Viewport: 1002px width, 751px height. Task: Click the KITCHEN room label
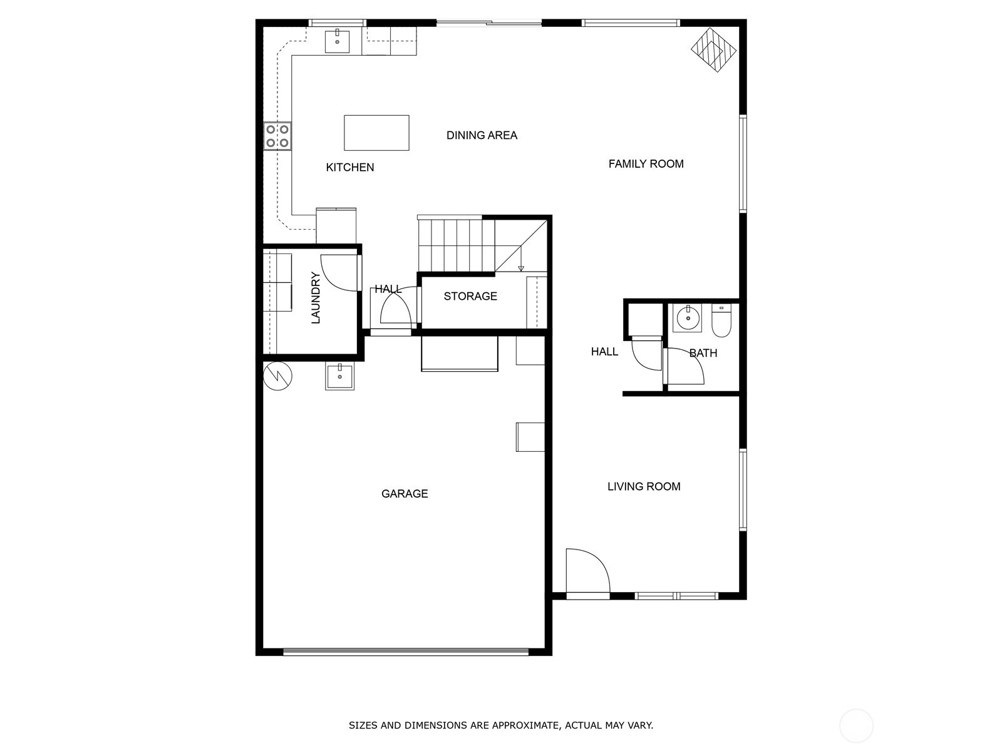tap(350, 167)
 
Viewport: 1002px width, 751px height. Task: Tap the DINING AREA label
tap(482, 135)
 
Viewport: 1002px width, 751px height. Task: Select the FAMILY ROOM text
tap(646, 164)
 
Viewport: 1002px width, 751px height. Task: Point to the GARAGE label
tap(405, 494)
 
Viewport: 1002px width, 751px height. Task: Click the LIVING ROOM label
tap(644, 486)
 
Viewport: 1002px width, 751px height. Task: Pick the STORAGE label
tap(470, 296)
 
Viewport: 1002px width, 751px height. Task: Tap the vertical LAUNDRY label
tap(316, 297)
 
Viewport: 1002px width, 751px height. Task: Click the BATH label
tap(703, 353)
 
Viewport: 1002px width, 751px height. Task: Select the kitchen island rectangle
tap(376, 133)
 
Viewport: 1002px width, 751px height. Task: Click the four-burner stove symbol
tap(277, 136)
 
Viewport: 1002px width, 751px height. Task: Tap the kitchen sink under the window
tap(338, 40)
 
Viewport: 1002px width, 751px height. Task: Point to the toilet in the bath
tap(721, 320)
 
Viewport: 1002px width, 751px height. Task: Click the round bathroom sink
tap(688, 318)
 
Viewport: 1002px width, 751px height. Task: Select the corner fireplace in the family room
tap(714, 49)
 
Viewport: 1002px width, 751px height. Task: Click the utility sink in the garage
tap(339, 377)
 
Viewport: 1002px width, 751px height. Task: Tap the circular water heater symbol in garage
tap(277, 376)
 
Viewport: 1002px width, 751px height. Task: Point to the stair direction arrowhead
tap(521, 268)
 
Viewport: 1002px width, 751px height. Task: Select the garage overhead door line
tap(406, 651)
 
